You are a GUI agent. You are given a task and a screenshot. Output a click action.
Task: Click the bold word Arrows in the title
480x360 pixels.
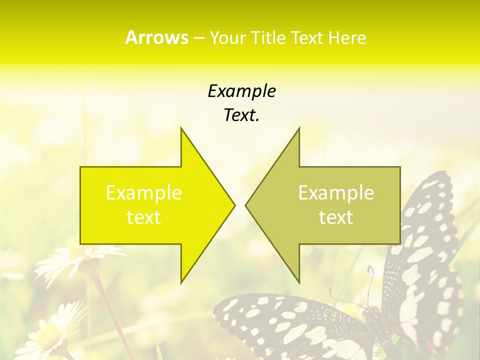coord(156,37)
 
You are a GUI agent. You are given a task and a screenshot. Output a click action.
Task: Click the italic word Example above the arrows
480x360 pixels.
coord(241,91)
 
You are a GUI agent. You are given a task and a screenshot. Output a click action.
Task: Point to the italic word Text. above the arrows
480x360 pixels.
coord(241,115)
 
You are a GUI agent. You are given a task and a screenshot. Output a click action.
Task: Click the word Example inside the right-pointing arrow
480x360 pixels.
coord(144,193)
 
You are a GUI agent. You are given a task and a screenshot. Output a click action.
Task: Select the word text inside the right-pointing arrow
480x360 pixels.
coord(144,217)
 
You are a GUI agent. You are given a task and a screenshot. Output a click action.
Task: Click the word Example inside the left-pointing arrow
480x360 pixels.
coord(336,193)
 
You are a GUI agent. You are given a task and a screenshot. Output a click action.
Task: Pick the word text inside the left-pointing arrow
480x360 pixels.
coord(336,217)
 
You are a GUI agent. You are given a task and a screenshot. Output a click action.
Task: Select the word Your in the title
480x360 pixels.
coord(229,38)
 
